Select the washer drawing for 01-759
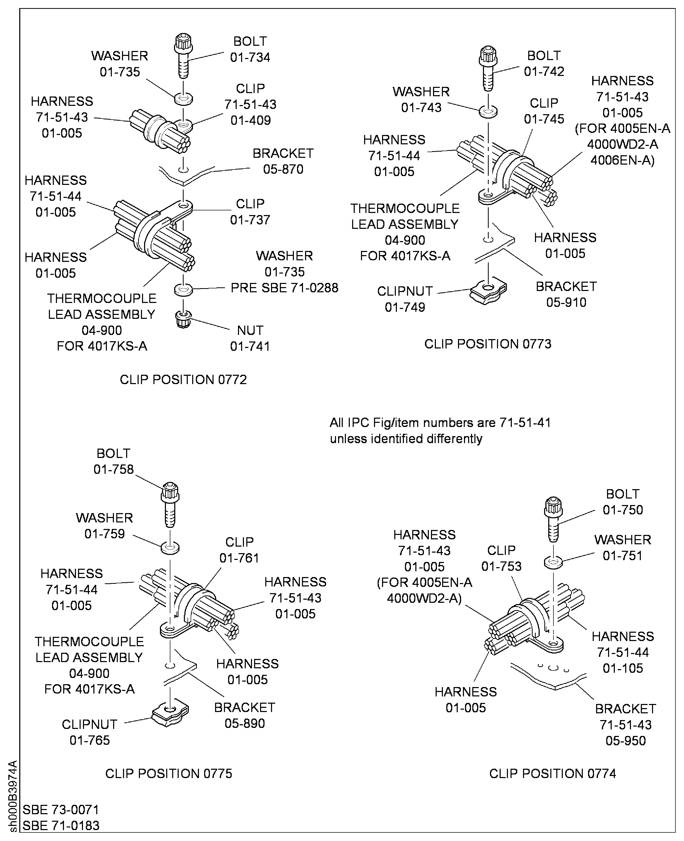coord(170,548)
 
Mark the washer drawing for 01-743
coord(488,111)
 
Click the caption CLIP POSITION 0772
coord(183,379)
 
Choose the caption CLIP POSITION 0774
coord(552,773)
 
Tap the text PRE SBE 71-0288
coord(284,288)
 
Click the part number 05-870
coord(283,169)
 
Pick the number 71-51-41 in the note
coord(525,423)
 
